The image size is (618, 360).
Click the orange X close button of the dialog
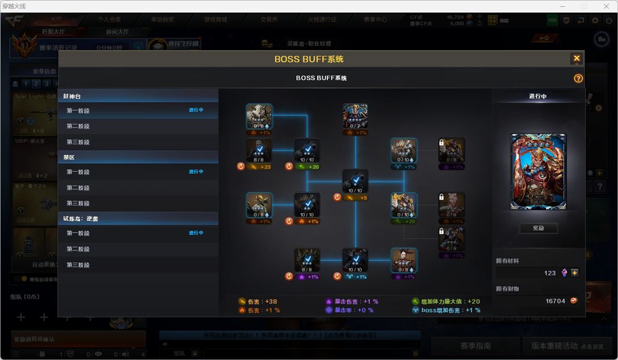(x=577, y=58)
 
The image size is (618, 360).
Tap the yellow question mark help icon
(x=578, y=78)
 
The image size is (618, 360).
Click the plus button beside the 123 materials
(x=574, y=273)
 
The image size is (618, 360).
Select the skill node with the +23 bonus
(x=259, y=150)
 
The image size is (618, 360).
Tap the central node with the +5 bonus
(x=355, y=182)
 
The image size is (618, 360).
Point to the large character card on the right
(x=538, y=172)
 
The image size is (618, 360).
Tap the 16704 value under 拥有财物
(x=555, y=301)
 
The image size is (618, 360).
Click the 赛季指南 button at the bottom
(x=475, y=346)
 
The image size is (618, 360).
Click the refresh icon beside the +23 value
(x=241, y=167)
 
